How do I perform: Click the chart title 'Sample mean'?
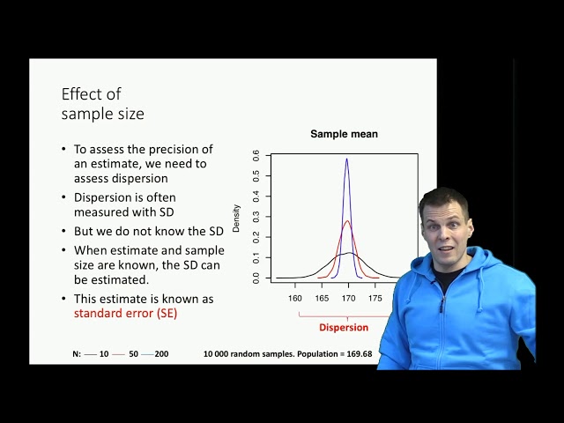(x=344, y=134)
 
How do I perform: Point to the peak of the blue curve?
(x=347, y=160)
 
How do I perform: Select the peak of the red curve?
(x=347, y=221)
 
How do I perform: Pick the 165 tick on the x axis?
(x=323, y=298)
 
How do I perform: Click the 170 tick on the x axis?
(x=349, y=298)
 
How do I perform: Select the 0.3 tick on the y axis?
(x=256, y=217)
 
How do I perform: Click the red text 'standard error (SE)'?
(x=125, y=313)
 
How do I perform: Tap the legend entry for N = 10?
(x=98, y=353)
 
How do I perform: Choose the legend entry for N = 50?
(x=128, y=353)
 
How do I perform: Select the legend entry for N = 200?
(x=156, y=353)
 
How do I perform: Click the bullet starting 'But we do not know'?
(x=142, y=231)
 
